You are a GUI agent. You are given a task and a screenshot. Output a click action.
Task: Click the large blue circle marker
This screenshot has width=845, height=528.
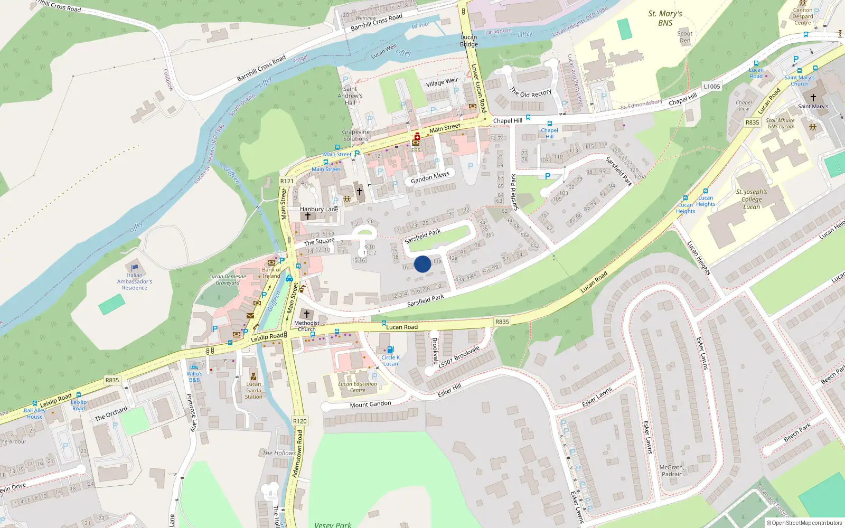[x=422, y=264]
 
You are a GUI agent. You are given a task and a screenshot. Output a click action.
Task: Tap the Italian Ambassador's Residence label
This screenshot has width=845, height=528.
[x=135, y=281]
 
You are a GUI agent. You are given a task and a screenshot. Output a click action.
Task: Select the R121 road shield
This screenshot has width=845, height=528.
[x=287, y=181]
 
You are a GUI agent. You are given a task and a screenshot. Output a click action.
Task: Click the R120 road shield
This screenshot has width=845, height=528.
[x=299, y=421]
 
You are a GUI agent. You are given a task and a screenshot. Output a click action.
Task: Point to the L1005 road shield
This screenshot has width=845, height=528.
[x=711, y=87]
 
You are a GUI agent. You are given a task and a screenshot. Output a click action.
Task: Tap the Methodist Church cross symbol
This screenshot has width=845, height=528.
[x=307, y=314]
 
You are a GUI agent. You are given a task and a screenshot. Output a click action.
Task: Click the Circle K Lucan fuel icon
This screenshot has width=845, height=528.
[x=390, y=350]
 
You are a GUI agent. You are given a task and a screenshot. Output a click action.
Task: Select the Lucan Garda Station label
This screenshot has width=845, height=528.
[x=253, y=391]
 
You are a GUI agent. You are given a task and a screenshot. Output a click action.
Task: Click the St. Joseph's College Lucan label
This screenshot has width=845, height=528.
[x=752, y=199]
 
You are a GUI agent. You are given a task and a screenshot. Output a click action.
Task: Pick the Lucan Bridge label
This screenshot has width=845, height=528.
[x=469, y=41]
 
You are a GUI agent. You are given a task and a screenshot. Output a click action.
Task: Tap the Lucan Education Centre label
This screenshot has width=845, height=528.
[x=358, y=387]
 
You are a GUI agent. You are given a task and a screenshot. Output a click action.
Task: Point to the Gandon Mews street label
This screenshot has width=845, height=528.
[x=430, y=177]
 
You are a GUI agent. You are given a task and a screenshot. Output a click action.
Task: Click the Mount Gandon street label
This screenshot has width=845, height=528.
[x=371, y=404]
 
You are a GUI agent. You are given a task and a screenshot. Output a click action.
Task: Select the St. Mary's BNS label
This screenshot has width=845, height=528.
[x=665, y=18]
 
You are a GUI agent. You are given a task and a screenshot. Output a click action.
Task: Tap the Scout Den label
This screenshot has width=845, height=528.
[x=685, y=37]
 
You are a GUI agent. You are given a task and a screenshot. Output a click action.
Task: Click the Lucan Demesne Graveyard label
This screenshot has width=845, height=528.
[x=228, y=279]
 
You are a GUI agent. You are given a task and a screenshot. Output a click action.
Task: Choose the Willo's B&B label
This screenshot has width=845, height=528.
[x=194, y=376]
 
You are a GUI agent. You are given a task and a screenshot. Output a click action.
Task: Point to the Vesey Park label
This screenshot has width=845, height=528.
[x=333, y=524]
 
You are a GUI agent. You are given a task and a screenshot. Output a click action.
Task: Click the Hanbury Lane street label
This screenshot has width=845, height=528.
[x=319, y=209]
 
